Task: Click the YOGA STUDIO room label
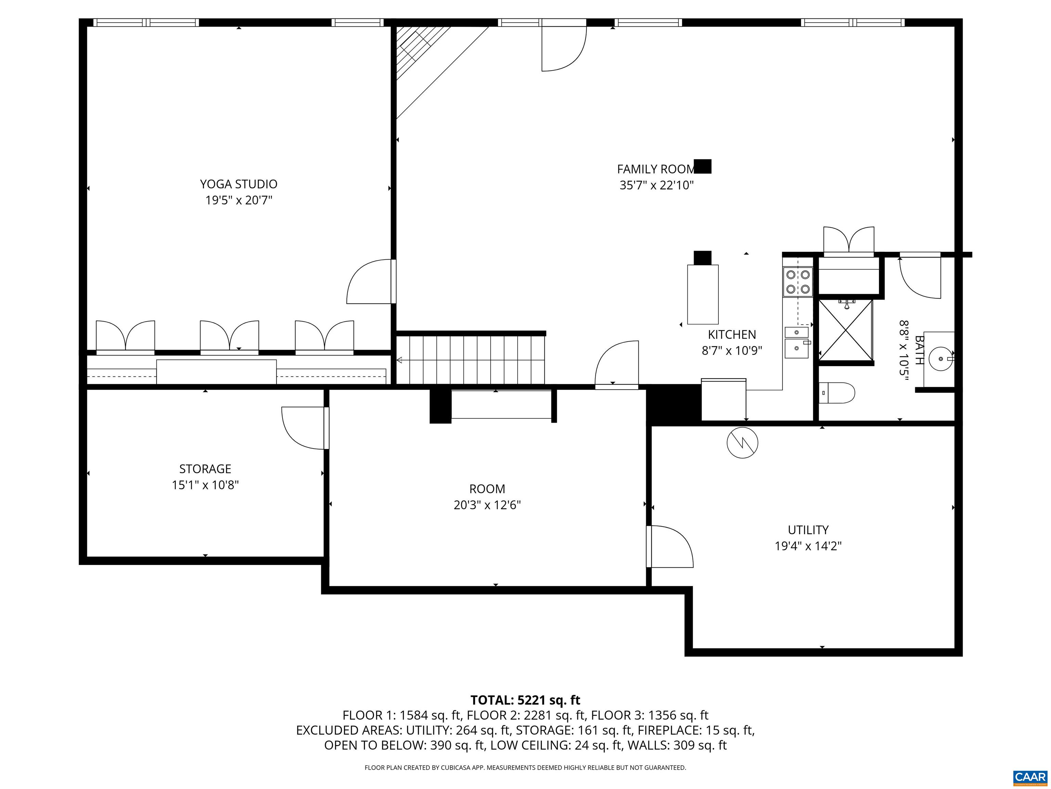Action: (238, 184)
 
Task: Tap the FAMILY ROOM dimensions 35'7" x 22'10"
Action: (657, 185)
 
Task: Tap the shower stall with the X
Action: (846, 330)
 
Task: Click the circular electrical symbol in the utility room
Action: (742, 443)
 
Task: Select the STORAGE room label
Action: (205, 469)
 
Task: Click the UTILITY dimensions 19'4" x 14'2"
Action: (808, 546)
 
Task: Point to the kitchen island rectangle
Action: (703, 295)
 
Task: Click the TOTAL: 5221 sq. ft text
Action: (525, 700)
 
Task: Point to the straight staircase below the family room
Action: (471, 360)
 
